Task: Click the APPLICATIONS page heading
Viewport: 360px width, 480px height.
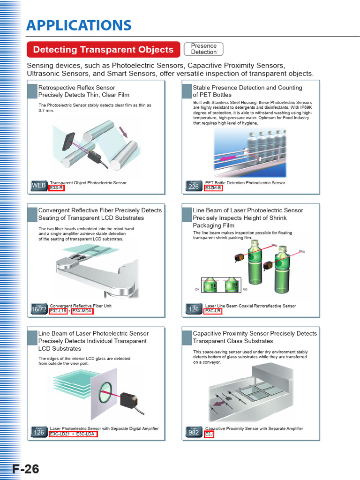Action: coord(79,25)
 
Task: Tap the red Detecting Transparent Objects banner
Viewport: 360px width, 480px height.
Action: coord(103,50)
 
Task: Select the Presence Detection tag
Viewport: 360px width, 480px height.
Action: coord(203,49)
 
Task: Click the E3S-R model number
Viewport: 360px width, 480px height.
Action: coord(56,188)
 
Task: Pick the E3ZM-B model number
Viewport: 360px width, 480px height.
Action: coord(213,188)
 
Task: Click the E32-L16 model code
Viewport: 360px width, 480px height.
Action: coord(58,311)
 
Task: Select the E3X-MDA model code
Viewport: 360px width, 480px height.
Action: coord(82,311)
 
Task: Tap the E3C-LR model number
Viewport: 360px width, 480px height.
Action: coord(213,311)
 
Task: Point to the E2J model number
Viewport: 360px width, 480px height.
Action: coord(209,434)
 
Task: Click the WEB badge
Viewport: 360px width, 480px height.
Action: coord(39,186)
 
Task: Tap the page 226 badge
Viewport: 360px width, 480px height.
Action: coord(194,186)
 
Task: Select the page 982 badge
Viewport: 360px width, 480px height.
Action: coord(194,432)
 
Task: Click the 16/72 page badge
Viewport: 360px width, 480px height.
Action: coord(39,309)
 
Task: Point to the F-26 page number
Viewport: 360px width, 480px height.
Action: coord(26,469)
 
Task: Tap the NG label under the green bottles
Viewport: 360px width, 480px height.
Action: coord(245,289)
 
